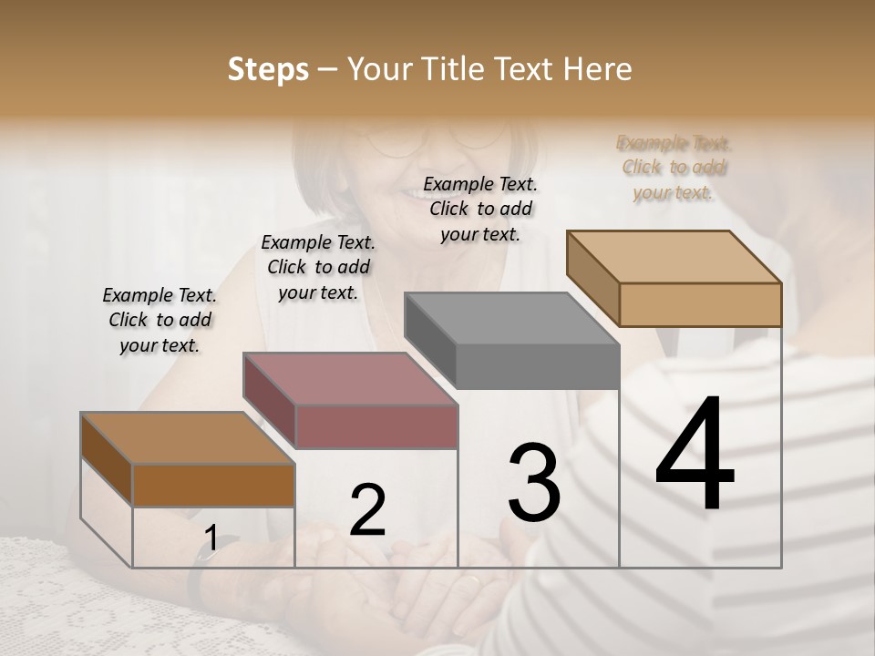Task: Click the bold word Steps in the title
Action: coord(268,69)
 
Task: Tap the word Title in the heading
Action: coord(460,69)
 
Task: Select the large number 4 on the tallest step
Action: coord(695,455)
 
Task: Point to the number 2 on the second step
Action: coord(367,510)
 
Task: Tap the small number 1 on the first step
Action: coord(211,538)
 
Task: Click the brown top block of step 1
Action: coord(213,485)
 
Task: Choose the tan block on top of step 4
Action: coord(699,303)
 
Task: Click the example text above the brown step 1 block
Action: coord(160,320)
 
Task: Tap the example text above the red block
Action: coord(318,267)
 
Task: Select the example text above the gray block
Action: coord(480,209)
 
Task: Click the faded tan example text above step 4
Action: coord(674,168)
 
